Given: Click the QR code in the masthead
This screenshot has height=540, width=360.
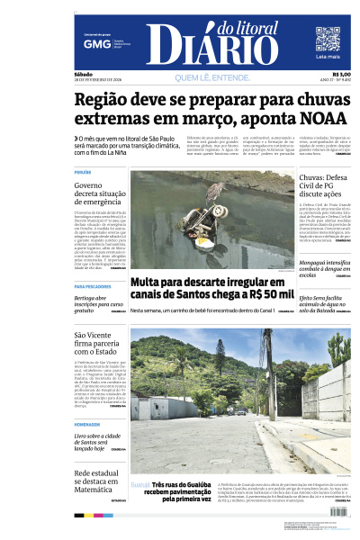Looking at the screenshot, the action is (x=328, y=40).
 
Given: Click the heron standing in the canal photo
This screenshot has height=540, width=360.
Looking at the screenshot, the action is (x=213, y=193).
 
